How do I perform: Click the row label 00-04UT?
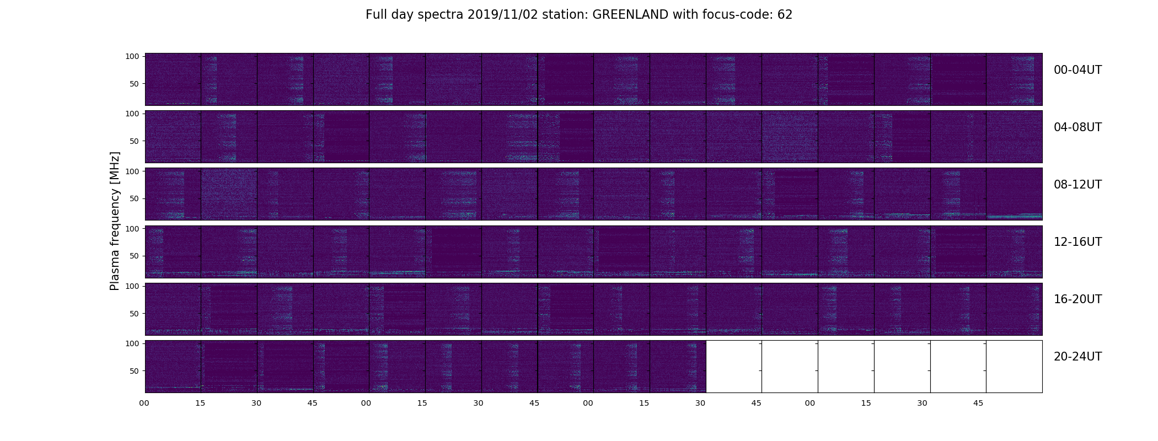[x=1077, y=70]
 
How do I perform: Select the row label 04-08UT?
[x=1077, y=127]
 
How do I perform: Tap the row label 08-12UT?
[x=1077, y=185]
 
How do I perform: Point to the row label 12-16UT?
[x=1077, y=242]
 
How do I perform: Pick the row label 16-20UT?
[x=1077, y=299]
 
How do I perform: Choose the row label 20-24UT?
[x=1077, y=357]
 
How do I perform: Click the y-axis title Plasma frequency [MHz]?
[x=115, y=221]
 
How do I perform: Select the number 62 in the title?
[x=785, y=15]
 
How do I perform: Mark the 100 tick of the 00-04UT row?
[x=132, y=56]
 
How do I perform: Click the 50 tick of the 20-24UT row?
[x=135, y=371]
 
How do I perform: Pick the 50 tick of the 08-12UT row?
[x=135, y=198]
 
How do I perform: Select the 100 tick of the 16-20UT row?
[x=132, y=286]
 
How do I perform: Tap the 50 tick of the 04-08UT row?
[x=135, y=141]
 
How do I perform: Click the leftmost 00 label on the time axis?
[x=144, y=404]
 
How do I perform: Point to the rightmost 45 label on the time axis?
[x=978, y=404]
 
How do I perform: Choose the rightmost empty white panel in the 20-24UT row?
[x=1014, y=367]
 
